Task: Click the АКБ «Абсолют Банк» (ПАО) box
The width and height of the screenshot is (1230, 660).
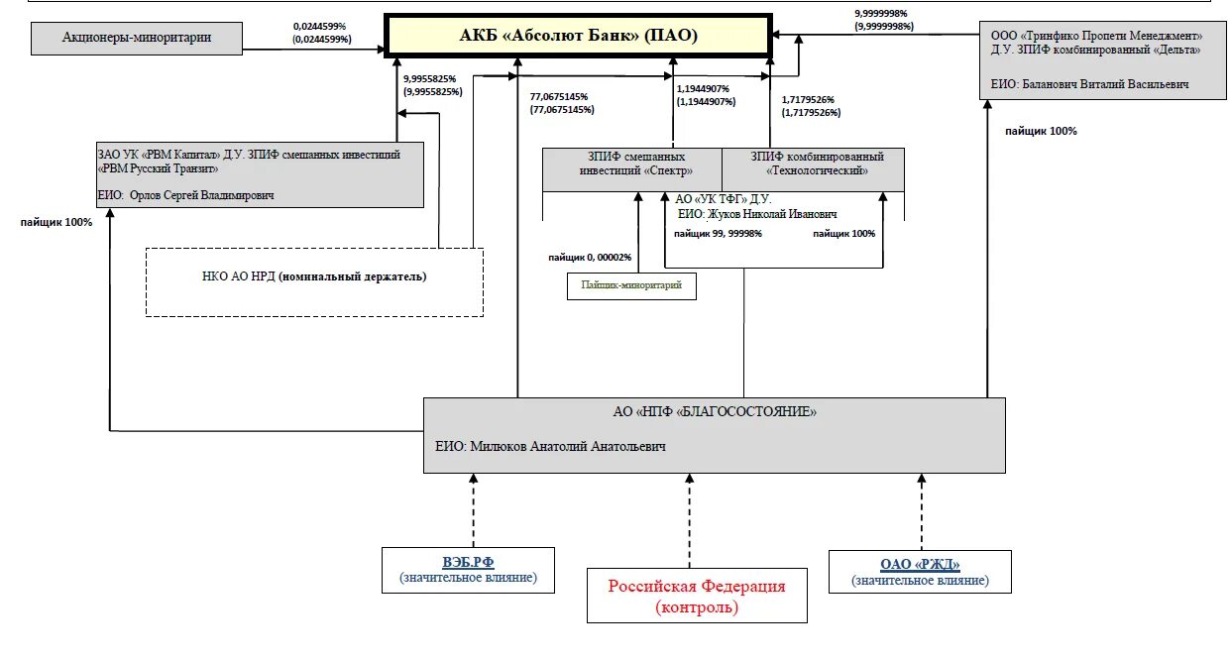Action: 578,36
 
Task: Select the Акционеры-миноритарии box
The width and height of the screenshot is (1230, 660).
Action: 137,39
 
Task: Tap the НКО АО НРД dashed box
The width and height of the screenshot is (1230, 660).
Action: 314,282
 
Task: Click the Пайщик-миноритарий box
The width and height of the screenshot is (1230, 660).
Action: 631,286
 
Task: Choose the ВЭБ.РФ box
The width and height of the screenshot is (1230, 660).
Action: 468,570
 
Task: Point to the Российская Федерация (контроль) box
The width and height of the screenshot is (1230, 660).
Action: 697,596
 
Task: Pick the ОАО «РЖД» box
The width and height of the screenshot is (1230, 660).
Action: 920,572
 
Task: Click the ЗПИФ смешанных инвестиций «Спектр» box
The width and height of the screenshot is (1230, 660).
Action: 632,169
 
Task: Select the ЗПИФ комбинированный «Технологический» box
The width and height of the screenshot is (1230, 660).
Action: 814,169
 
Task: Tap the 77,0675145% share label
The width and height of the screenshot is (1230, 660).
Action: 562,103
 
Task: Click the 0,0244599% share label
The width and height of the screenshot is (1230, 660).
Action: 322,33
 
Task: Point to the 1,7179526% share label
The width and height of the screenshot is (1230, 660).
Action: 811,106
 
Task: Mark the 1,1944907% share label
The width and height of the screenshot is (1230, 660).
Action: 706,95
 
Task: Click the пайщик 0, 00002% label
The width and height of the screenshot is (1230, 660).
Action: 590,257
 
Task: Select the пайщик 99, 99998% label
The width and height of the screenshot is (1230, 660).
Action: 718,233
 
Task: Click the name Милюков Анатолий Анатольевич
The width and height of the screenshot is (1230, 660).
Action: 568,446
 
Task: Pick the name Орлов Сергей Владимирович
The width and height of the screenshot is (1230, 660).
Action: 201,195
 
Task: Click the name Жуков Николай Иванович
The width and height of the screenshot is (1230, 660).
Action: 772,214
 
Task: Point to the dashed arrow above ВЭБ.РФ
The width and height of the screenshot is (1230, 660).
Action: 474,510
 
